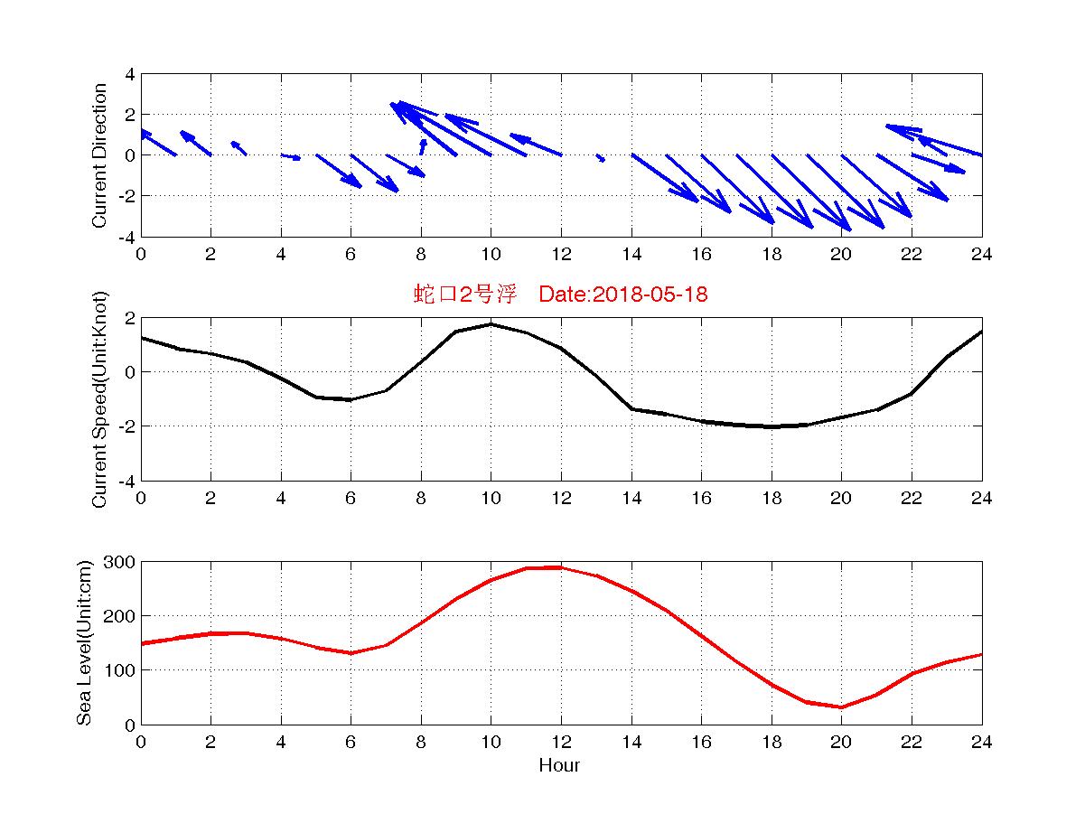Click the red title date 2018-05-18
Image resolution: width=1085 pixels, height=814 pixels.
(623, 294)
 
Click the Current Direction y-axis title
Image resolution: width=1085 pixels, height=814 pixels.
(99, 155)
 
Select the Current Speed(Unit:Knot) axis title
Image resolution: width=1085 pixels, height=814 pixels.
(99, 399)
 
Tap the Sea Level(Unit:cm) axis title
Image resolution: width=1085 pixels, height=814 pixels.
(84, 643)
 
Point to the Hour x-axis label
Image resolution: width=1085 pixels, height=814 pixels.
(559, 765)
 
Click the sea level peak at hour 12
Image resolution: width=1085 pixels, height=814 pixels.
(561, 567)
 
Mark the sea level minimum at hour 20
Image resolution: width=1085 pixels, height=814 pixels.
(841, 707)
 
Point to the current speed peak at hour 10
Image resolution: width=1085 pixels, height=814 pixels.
(491, 323)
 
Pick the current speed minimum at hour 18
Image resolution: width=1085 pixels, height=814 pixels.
(771, 426)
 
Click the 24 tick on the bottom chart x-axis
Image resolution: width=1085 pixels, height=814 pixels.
(981, 742)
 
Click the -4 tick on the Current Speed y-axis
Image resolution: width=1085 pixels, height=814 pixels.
(126, 481)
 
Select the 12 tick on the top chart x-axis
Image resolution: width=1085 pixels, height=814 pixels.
(561, 254)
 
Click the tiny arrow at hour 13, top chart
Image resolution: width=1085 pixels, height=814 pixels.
(600, 158)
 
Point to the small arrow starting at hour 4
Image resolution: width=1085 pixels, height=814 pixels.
(291, 157)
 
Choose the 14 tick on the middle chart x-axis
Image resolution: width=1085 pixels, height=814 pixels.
(631, 498)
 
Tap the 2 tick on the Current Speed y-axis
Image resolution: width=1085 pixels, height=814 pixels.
(129, 318)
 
